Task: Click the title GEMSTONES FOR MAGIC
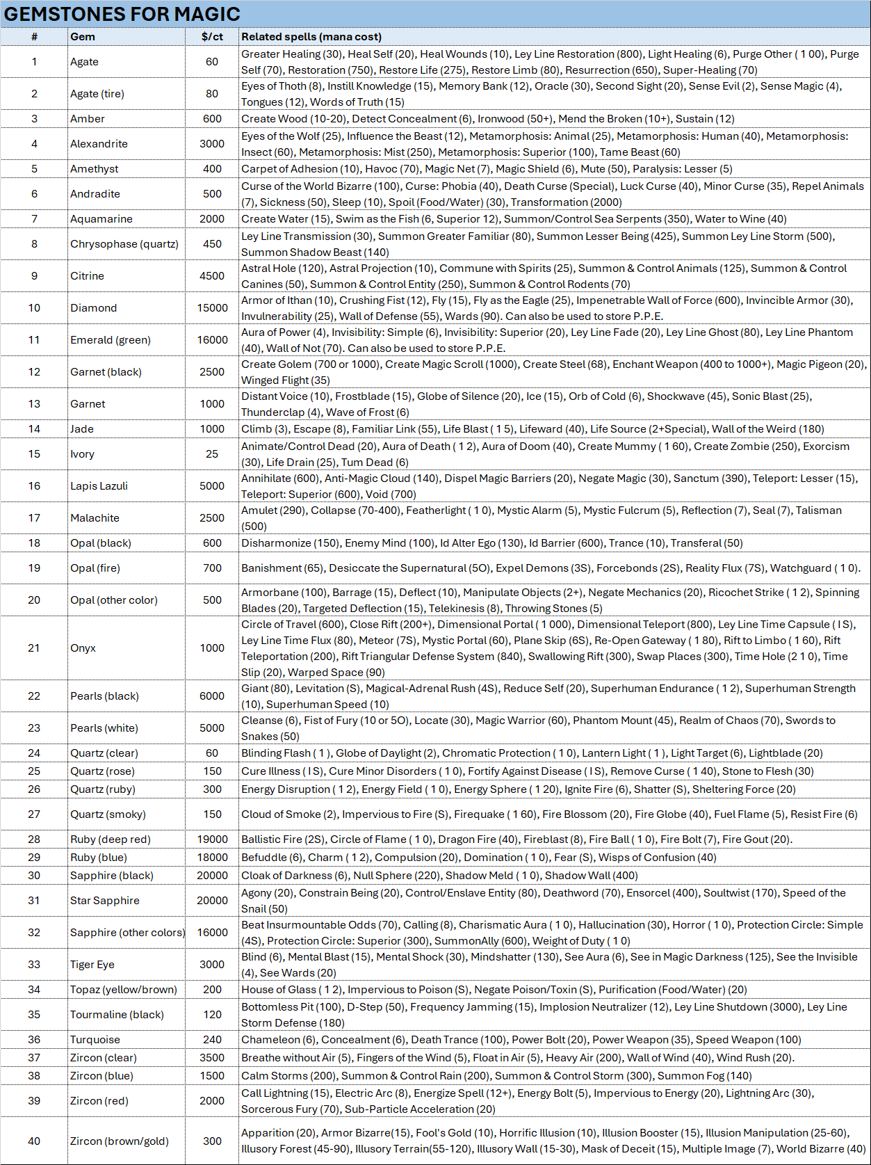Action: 122,14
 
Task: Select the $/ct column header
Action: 212,37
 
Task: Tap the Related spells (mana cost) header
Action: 311,37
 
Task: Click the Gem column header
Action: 83,37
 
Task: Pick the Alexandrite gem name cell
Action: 99,144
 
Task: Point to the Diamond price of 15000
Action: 212,308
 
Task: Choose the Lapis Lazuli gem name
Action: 99,486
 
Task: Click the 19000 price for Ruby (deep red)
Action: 212,839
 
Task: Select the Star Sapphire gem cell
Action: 104,901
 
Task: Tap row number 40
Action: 34,1141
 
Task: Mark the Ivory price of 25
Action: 212,454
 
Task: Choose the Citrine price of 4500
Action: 212,276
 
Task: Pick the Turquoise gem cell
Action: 95,1040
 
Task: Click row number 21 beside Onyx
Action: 34,648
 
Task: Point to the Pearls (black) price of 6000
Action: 212,696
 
